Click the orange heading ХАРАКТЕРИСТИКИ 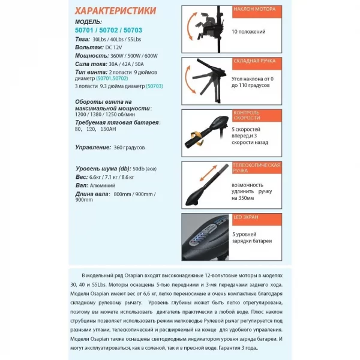116,11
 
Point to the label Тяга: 82,38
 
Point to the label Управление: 92,146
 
